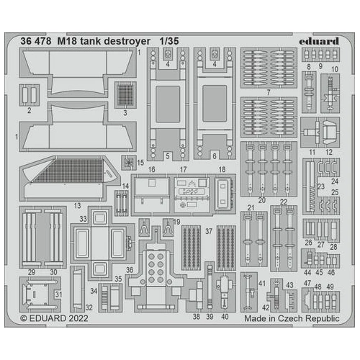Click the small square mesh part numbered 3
pos(126,94)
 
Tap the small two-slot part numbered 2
pos(30,94)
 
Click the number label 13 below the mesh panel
pos(77,205)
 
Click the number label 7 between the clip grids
pos(268,94)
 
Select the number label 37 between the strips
pos(208,232)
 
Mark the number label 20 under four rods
pos(262,199)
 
